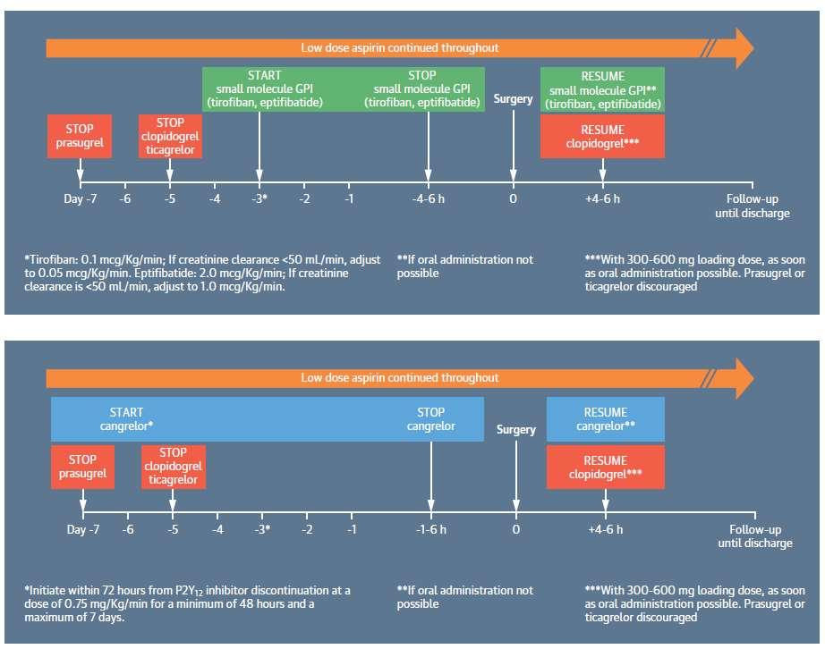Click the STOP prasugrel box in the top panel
(80, 136)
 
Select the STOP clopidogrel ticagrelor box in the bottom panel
(173, 467)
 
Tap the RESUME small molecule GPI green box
(602, 90)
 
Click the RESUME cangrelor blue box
(606, 419)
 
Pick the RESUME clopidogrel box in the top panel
(602, 136)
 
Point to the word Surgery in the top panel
(513, 99)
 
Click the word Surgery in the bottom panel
(516, 430)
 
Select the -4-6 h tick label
(429, 198)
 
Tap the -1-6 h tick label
(431, 529)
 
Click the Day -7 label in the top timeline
(80, 198)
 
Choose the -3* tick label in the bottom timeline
(262, 529)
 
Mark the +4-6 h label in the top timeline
(602, 198)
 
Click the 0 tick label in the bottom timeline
(516, 529)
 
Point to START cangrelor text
(126, 419)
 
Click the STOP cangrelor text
(431, 419)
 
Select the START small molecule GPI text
(265, 88)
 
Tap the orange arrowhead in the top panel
(744, 48)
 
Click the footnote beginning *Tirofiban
(202, 273)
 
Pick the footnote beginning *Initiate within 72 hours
(187, 603)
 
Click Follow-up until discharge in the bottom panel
(755, 536)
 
